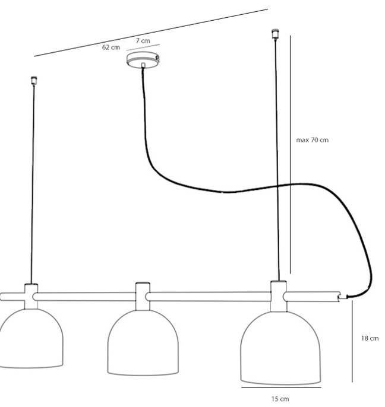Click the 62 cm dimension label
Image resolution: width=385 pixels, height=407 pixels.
[111, 47]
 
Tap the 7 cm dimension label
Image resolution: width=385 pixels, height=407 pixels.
[143, 41]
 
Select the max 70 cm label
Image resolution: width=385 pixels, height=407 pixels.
[312, 140]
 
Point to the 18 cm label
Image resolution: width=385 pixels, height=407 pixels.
[370, 338]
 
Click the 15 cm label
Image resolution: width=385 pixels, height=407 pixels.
[280, 399]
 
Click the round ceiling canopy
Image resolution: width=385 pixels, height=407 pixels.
[143, 60]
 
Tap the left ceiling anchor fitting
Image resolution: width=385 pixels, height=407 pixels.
[34, 81]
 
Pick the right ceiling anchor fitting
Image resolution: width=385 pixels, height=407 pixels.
[275, 34]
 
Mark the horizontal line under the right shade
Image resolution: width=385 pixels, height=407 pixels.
[281, 387]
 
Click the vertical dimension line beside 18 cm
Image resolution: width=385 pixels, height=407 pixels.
[352, 341]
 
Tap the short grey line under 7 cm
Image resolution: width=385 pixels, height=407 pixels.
[143, 47]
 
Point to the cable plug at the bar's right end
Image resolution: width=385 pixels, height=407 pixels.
[343, 297]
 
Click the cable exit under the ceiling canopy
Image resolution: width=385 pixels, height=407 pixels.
[143, 65]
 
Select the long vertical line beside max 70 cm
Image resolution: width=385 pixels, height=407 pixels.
[291, 154]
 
